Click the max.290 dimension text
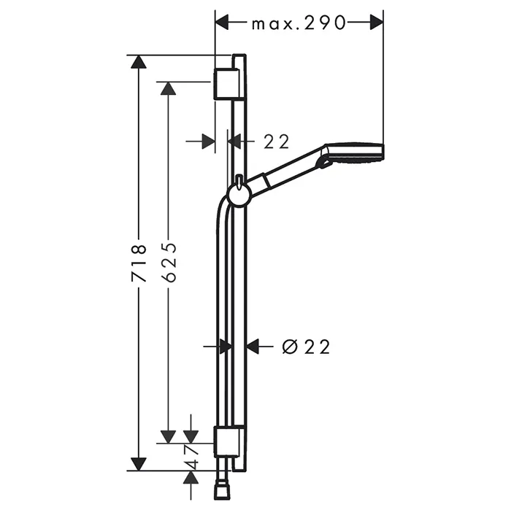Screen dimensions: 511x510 pyautogui.click(x=299, y=23)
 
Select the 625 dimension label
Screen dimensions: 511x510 pyautogui.click(x=169, y=262)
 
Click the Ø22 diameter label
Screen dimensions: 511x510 pyautogui.click(x=306, y=347)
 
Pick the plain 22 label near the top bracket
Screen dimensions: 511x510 pyautogui.click(x=277, y=142)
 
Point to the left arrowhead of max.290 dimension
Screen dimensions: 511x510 pyautogui.click(x=222, y=23)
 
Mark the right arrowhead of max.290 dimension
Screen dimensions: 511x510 pyautogui.click(x=377, y=23)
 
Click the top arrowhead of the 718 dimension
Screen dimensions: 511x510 pyautogui.click(x=139, y=62)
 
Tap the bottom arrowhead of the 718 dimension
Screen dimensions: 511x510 pyautogui.click(x=139, y=464)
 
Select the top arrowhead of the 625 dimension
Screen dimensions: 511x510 pyautogui.click(x=168, y=88)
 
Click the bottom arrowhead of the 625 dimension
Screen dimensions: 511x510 pyautogui.click(x=168, y=437)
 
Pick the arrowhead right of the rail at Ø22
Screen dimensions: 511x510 pyautogui.click(x=253, y=346)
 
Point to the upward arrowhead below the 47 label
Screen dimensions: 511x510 pyautogui.click(x=191, y=477)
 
